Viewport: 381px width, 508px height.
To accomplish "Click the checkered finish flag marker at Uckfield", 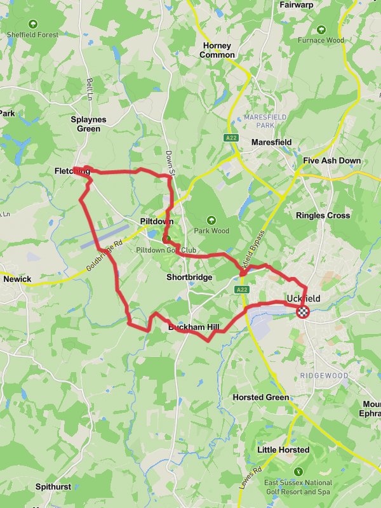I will [x=304, y=311].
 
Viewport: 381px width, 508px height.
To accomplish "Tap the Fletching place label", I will [x=72, y=171].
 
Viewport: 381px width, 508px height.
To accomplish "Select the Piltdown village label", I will [x=156, y=221].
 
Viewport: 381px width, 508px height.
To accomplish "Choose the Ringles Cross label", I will [x=323, y=215].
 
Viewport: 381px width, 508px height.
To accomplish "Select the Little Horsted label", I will [x=283, y=450].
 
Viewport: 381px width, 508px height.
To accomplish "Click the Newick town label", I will [x=17, y=279].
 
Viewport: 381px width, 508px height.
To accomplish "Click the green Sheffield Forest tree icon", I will [x=33, y=24].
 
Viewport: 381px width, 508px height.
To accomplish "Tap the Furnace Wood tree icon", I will [x=321, y=29].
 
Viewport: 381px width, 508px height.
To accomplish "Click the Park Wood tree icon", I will [x=211, y=220].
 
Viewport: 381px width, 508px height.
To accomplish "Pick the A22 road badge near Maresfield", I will [x=231, y=137].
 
